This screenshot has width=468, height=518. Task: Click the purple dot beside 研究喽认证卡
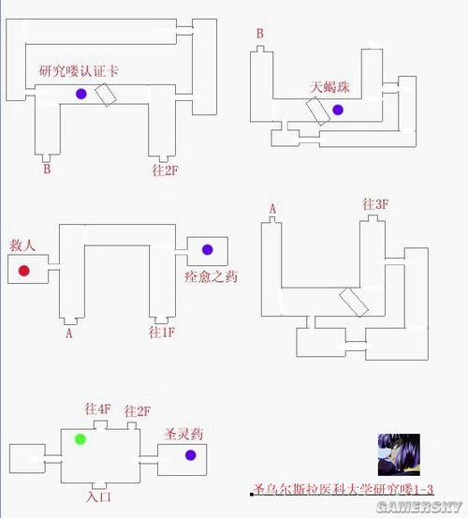click(81, 93)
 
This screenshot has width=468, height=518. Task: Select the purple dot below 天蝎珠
click(337, 110)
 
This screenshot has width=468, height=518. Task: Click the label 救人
click(23, 244)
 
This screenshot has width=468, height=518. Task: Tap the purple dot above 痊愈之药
click(207, 250)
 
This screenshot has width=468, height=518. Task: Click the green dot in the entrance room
click(80, 438)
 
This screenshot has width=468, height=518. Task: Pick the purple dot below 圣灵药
click(190, 455)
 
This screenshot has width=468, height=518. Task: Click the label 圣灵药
click(183, 434)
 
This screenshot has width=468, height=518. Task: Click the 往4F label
click(97, 410)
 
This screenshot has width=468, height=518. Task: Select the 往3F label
click(375, 204)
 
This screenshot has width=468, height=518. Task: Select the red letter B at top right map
click(260, 35)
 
